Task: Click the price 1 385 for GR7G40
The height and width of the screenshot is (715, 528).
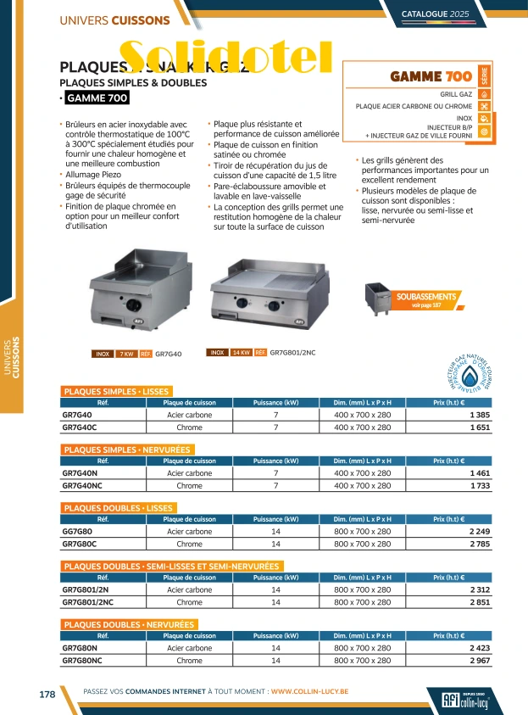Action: (478, 414)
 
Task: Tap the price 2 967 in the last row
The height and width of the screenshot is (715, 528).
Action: (478, 661)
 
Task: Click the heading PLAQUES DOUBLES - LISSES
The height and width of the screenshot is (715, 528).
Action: (119, 507)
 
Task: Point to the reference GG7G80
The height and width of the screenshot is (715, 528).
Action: (77, 532)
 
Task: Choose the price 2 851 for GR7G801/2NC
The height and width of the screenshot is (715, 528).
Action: (478, 602)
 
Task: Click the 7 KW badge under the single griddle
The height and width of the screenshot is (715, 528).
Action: (126, 354)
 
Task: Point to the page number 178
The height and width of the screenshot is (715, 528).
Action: (47, 694)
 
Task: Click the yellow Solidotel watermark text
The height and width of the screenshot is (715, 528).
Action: (225, 56)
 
